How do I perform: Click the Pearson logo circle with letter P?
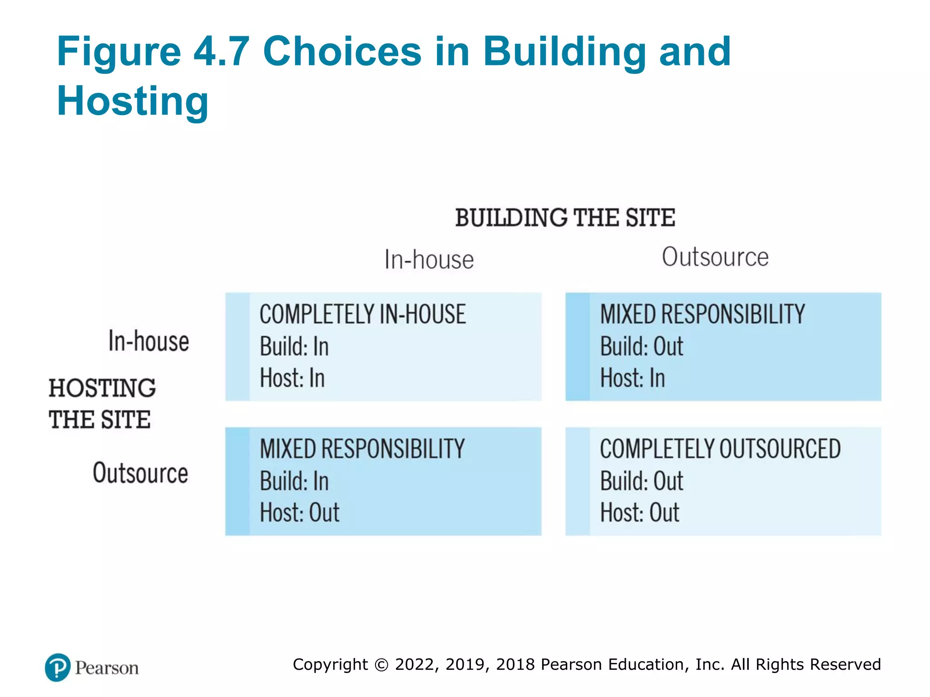click(x=58, y=668)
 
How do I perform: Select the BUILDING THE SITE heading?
click(x=565, y=218)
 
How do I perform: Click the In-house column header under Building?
click(x=429, y=260)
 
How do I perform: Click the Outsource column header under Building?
click(x=715, y=257)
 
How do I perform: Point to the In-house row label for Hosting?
click(x=148, y=341)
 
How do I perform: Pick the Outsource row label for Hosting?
click(x=140, y=473)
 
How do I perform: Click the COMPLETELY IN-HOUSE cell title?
click(x=362, y=314)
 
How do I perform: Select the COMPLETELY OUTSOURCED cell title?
click(x=720, y=449)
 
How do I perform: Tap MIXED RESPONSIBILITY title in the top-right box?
click(x=702, y=314)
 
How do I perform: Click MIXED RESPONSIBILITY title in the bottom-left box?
click(x=362, y=449)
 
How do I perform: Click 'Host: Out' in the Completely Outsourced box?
click(x=639, y=513)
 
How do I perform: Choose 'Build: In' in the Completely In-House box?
click(x=294, y=347)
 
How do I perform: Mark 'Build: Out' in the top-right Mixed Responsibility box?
click(x=641, y=347)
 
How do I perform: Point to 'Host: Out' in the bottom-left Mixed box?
click(x=299, y=513)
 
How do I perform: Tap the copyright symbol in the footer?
click(x=381, y=665)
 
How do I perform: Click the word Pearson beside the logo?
click(x=107, y=668)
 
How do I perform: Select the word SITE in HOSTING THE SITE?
click(x=125, y=419)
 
